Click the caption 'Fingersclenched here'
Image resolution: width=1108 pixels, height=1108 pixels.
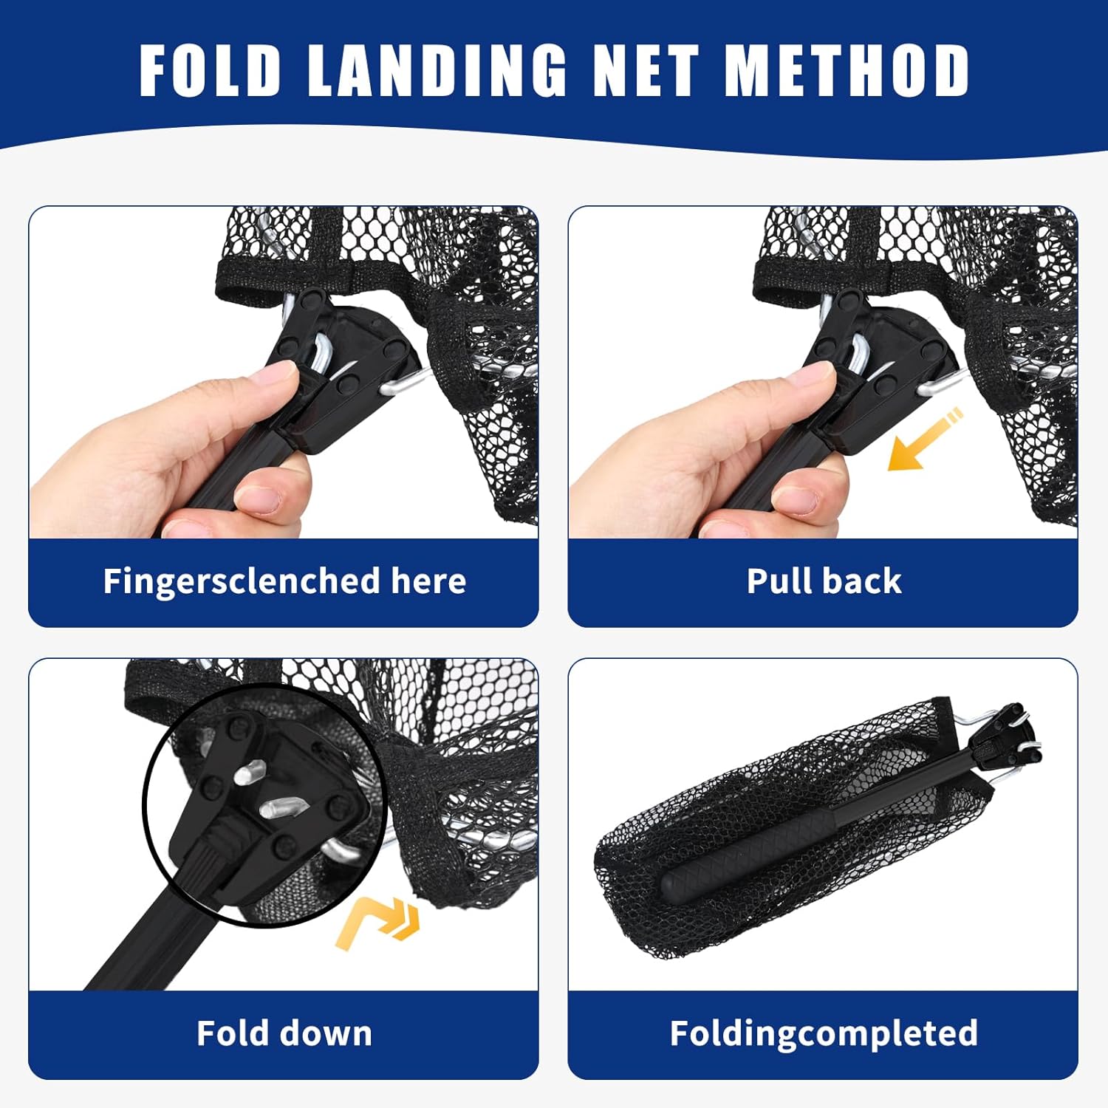[284, 581]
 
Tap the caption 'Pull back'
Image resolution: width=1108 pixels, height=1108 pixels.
[824, 581]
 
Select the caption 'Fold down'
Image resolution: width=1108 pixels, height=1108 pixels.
[284, 1033]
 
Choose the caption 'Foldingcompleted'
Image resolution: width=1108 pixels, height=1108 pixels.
[824, 1033]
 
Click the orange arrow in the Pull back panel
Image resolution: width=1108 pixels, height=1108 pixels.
[923, 442]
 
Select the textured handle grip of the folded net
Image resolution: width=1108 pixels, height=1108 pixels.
[746, 857]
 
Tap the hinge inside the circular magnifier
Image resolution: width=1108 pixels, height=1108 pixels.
[266, 798]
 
